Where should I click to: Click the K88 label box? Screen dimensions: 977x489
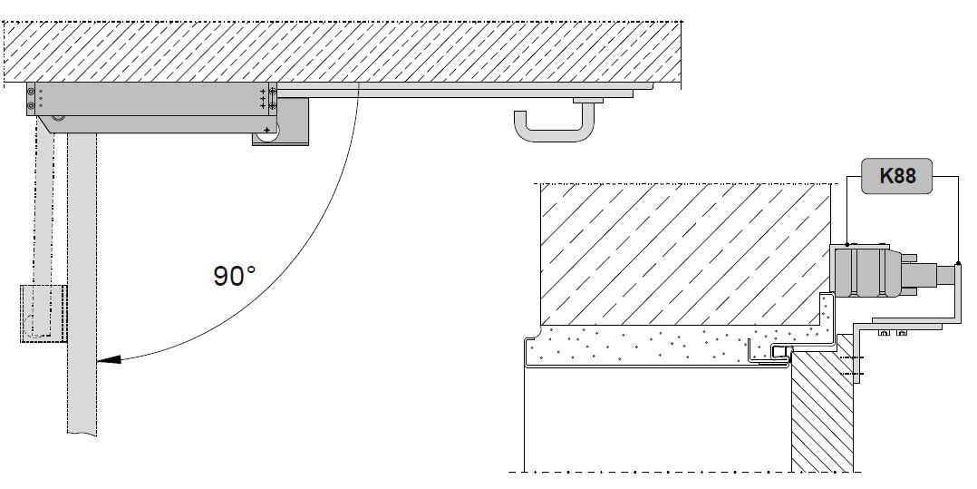(896, 176)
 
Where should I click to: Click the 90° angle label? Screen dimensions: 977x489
(235, 276)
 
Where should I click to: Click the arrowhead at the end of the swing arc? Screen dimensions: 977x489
(109, 360)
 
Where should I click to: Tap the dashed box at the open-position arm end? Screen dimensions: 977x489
(44, 313)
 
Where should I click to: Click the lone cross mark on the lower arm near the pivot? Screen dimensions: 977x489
(267, 130)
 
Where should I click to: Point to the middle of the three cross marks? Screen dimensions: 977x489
(263, 99)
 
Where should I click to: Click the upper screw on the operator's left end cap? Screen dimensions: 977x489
(31, 91)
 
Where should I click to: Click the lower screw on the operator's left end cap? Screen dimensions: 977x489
(31, 105)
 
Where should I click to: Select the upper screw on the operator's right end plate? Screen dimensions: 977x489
(272, 91)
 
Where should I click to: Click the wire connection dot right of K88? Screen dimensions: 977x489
(958, 265)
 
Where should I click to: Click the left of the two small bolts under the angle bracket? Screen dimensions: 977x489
(883, 333)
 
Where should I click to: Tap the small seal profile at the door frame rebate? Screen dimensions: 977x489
(780, 352)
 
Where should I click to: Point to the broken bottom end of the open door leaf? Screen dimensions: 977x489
(82, 434)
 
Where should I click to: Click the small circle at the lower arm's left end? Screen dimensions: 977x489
(58, 117)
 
